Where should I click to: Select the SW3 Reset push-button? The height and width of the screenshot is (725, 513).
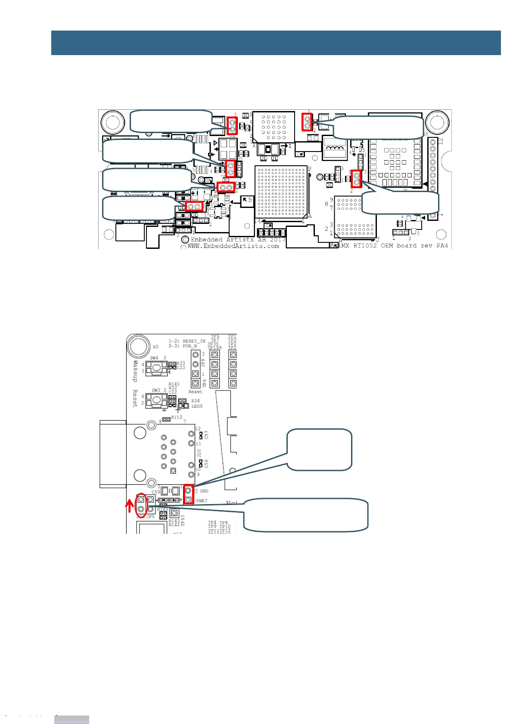(156, 401)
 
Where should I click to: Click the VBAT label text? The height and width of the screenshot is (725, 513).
(202, 501)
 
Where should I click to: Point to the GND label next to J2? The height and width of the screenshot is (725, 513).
(204, 491)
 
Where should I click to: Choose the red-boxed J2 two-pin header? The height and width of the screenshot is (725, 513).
(188, 495)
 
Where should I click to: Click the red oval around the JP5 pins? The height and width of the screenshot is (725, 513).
(141, 505)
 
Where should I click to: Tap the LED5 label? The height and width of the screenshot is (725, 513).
(197, 406)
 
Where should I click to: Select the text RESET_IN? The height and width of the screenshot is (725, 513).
(194, 341)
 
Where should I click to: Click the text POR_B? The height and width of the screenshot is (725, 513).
(190, 346)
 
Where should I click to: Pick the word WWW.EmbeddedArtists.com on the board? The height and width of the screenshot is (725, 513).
(233, 246)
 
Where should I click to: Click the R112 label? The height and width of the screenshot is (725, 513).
(177, 417)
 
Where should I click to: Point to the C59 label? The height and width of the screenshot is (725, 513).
(155, 492)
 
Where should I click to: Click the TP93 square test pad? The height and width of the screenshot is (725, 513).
(174, 513)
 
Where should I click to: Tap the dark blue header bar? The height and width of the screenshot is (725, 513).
(276, 43)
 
